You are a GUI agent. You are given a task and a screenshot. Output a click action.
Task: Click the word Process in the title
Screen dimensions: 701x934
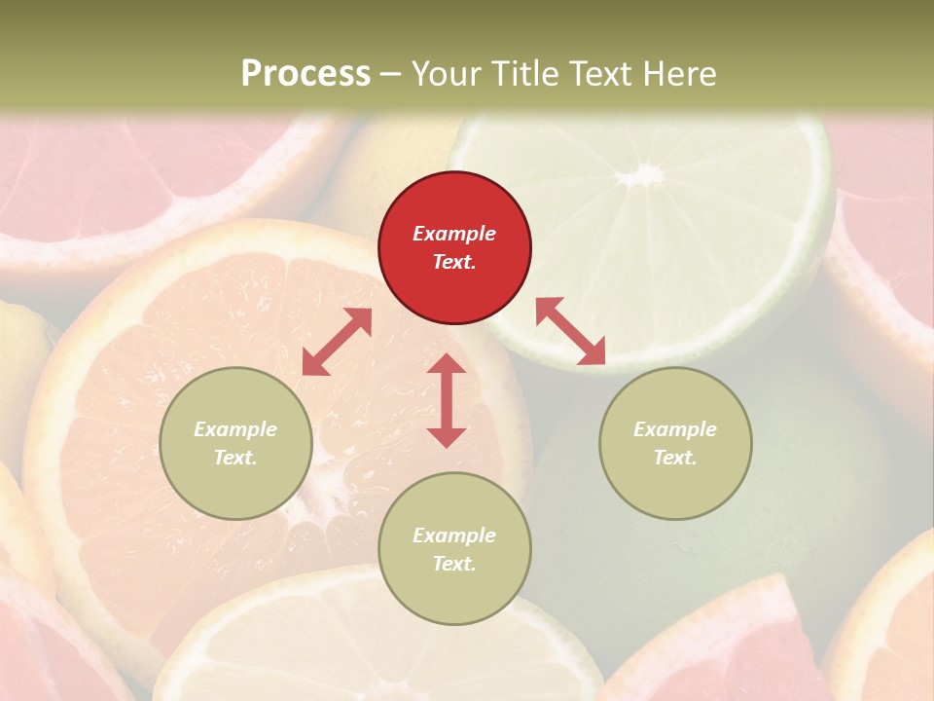coord(305,74)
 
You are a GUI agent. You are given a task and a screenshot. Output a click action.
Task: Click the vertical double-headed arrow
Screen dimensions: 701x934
coord(447,400)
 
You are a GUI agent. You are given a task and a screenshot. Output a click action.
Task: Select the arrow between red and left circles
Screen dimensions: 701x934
coord(337,342)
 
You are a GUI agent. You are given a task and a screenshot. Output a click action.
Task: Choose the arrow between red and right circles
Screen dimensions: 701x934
coord(570,331)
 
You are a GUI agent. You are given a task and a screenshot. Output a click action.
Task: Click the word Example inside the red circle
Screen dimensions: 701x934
coord(454,234)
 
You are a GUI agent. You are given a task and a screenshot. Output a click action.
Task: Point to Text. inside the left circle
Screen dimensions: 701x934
coord(235,458)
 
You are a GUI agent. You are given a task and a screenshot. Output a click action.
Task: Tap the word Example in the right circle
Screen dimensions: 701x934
coord(675,429)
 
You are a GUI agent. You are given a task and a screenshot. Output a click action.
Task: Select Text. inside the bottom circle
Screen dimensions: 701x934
coord(454,564)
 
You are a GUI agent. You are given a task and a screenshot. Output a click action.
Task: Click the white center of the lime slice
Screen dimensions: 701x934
coord(641,175)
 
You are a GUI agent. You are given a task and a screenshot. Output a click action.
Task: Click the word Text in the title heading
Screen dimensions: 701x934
coord(599,74)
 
